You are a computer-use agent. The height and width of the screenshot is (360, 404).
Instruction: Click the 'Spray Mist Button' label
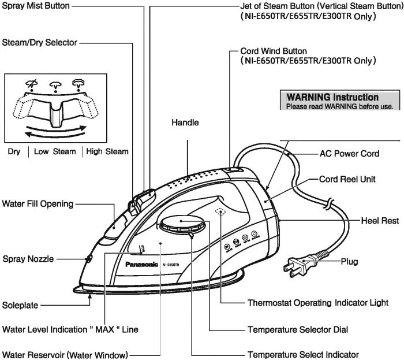click(x=35, y=6)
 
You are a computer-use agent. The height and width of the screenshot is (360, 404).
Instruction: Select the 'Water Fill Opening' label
click(x=38, y=203)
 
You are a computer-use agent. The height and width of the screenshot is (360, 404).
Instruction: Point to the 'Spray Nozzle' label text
click(x=28, y=259)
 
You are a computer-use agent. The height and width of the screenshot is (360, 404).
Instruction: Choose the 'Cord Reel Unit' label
click(x=347, y=180)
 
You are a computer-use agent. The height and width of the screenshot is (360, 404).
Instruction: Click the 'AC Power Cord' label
click(x=349, y=154)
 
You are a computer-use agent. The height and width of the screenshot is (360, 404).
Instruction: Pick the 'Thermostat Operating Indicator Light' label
click(x=317, y=302)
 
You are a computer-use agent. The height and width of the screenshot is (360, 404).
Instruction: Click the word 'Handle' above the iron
click(x=185, y=123)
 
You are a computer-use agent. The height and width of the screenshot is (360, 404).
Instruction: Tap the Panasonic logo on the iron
click(x=141, y=265)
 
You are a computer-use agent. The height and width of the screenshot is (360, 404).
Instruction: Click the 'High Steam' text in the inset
click(x=107, y=151)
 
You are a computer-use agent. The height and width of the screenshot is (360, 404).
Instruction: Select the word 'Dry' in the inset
click(x=14, y=151)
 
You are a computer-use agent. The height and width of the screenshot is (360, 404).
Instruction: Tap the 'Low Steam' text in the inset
click(x=55, y=151)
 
